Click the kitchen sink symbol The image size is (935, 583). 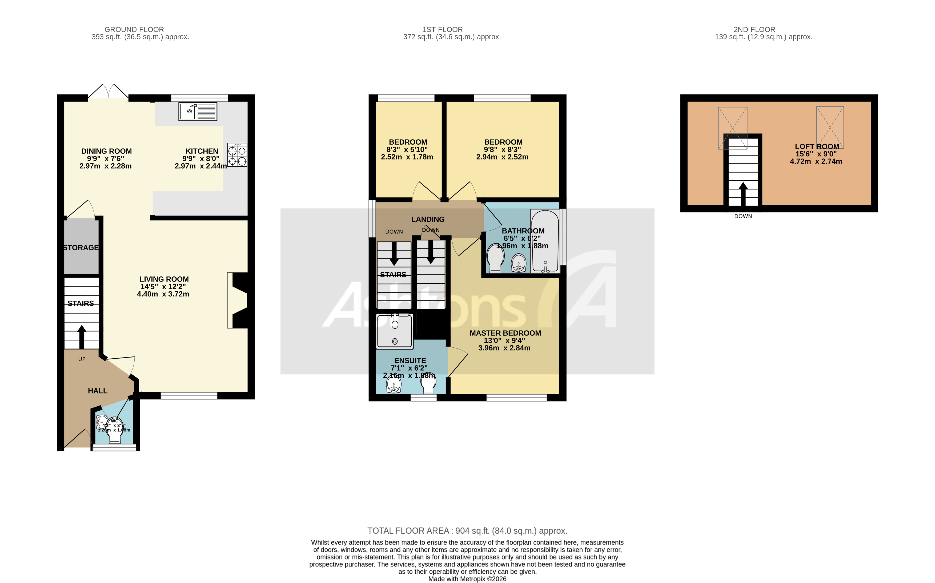click(198, 112)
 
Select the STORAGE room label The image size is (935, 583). click(81, 248)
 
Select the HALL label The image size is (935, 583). click(98, 391)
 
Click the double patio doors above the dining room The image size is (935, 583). click(108, 93)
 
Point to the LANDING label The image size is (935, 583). click(428, 219)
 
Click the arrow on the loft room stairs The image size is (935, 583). click(743, 194)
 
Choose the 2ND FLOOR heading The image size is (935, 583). click(754, 30)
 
